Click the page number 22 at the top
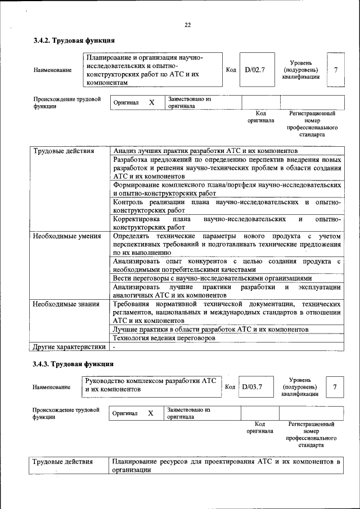tap(187, 24)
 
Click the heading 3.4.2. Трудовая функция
tap(74, 40)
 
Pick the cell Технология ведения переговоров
tap(164, 338)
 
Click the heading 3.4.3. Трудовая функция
tap(74, 364)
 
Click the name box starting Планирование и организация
tap(151, 70)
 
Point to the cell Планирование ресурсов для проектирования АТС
tap(226, 466)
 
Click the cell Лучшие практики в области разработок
tap(210, 328)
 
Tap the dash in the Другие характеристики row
tap(114, 347)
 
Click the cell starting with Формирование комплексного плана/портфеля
tap(226, 188)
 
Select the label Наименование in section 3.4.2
tap(52, 70)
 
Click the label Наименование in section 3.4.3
tap(51, 387)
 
